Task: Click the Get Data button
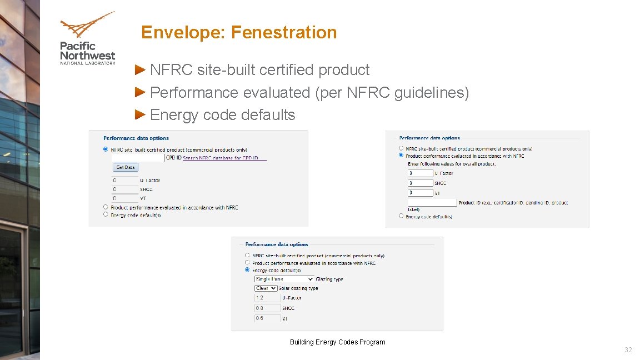click(x=126, y=167)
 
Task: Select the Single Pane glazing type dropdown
click(x=284, y=279)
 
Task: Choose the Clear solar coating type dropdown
click(x=266, y=288)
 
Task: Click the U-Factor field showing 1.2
click(x=267, y=298)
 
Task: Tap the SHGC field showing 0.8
click(x=267, y=308)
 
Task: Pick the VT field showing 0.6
click(x=267, y=318)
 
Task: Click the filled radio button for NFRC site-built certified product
click(x=106, y=149)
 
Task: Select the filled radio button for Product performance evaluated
click(x=401, y=156)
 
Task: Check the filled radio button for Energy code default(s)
click(x=247, y=270)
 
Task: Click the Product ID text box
click(x=432, y=203)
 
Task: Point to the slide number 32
click(x=628, y=350)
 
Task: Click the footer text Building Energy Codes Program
click(x=337, y=342)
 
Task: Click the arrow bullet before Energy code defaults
click(x=141, y=115)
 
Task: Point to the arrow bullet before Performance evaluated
click(x=141, y=92)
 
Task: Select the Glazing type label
click(x=329, y=279)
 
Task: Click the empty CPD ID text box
click(x=137, y=158)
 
